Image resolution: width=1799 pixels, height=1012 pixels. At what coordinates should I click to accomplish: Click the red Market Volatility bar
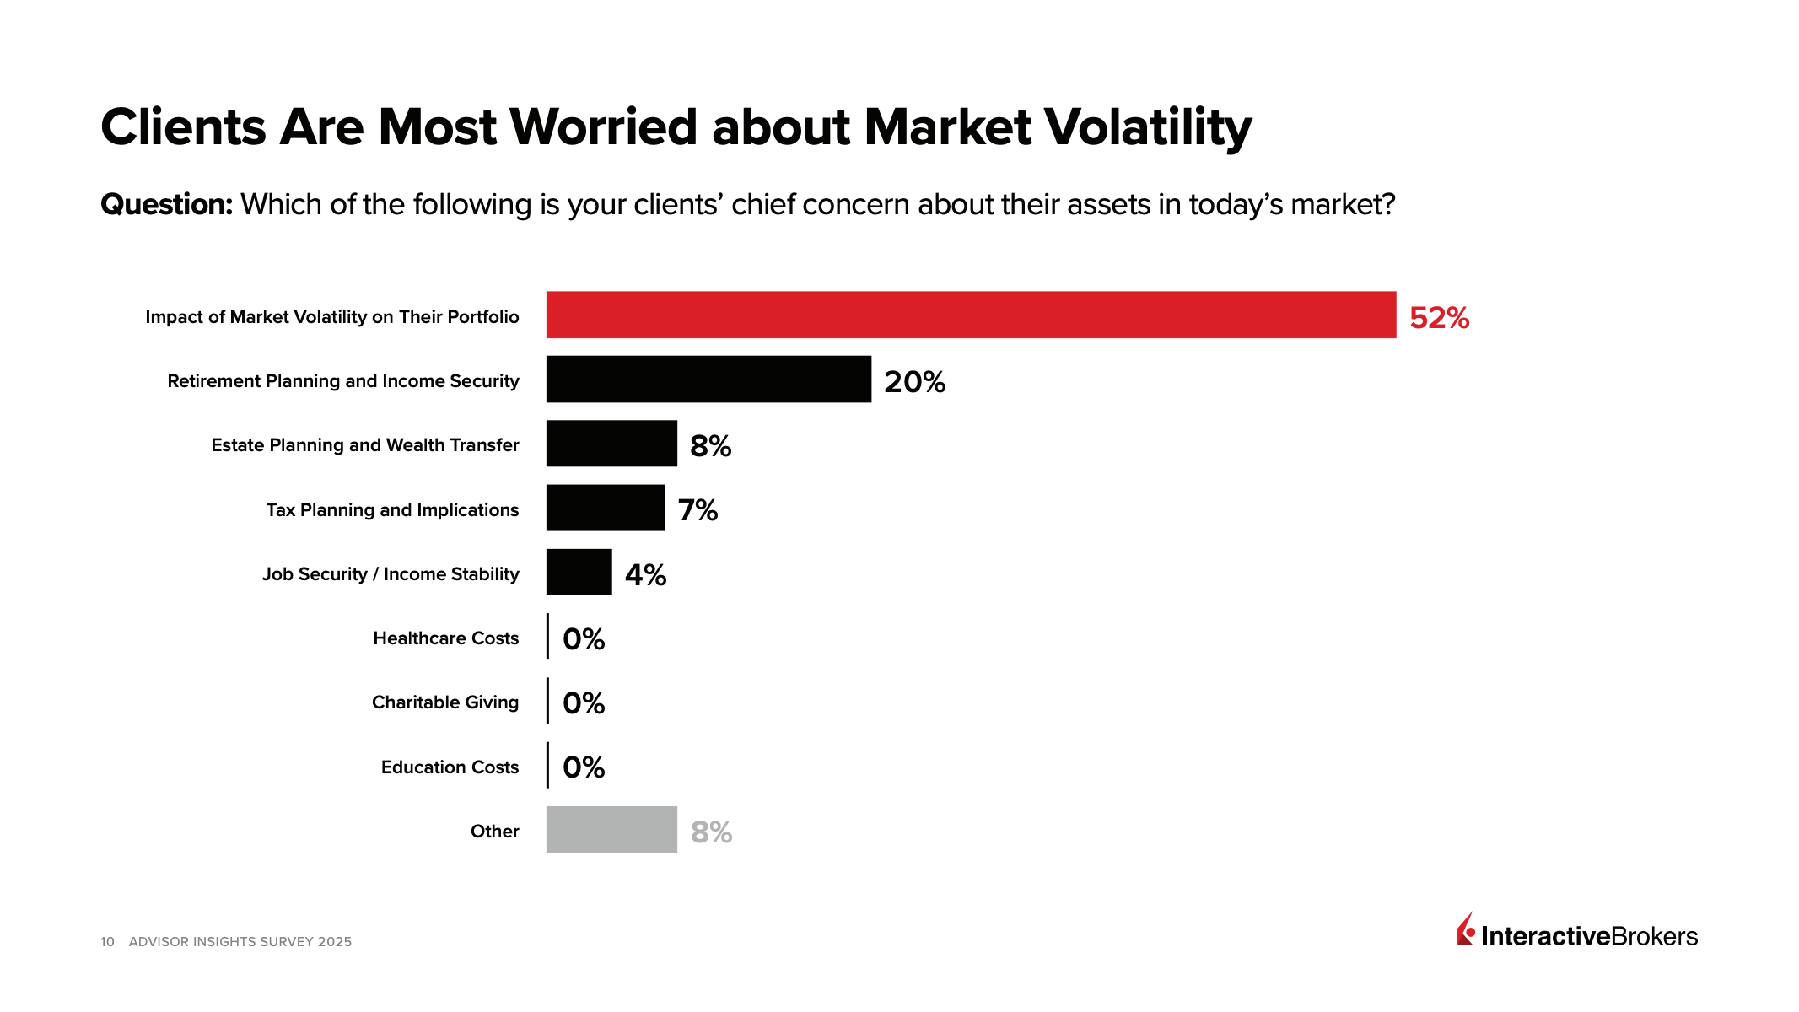pyautogui.click(x=970, y=315)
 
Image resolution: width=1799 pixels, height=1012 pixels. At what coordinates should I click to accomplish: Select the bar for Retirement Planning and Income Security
pyautogui.click(x=708, y=379)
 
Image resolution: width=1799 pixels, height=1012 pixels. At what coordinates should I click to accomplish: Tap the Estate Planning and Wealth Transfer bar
pyautogui.click(x=611, y=444)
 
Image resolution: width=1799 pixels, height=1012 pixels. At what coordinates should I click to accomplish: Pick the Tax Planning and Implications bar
pyautogui.click(x=606, y=508)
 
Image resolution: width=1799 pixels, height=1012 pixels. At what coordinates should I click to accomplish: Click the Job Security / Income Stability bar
pyautogui.click(x=579, y=572)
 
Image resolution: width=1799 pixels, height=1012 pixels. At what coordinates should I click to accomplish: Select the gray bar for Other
pyautogui.click(x=611, y=829)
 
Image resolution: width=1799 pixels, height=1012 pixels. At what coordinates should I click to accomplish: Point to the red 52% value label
pyautogui.click(x=1439, y=318)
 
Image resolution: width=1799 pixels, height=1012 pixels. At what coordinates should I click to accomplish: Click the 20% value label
pyautogui.click(x=914, y=382)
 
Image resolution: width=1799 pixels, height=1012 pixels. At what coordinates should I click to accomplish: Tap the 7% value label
pyautogui.click(x=698, y=510)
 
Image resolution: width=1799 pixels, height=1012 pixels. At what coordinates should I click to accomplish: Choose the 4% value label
pyautogui.click(x=645, y=575)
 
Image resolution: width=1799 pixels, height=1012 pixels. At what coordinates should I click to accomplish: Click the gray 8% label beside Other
pyautogui.click(x=711, y=832)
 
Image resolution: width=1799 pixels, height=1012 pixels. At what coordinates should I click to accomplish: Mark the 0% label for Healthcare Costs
pyautogui.click(x=584, y=639)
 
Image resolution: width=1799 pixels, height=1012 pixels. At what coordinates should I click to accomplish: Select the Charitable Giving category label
pyautogui.click(x=445, y=702)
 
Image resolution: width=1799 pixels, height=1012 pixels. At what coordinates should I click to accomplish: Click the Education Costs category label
pyautogui.click(x=450, y=767)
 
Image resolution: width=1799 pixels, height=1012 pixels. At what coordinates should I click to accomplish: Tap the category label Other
pyautogui.click(x=494, y=832)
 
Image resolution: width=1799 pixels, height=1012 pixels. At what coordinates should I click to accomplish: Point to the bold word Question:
pyautogui.click(x=166, y=205)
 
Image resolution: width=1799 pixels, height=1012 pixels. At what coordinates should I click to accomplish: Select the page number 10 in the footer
pyautogui.click(x=107, y=942)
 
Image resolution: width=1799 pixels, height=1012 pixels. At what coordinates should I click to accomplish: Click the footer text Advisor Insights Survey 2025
pyautogui.click(x=240, y=942)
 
